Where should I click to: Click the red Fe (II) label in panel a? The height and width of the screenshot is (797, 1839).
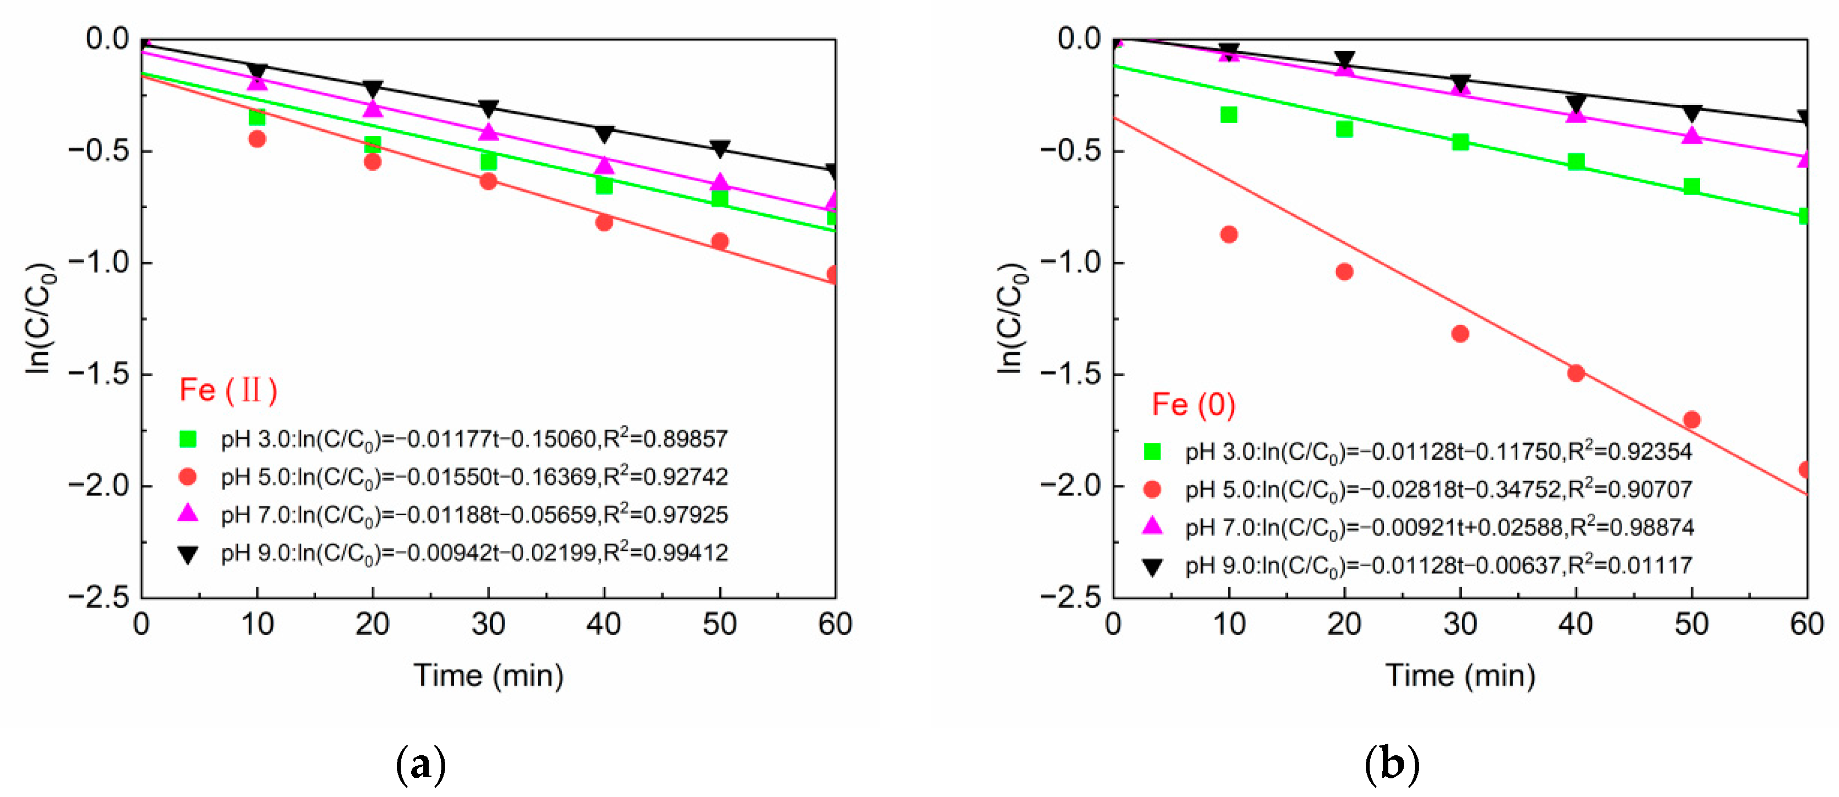point(228,391)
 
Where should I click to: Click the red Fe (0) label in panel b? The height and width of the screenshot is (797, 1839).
point(1193,405)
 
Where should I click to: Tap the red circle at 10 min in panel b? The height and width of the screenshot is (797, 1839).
point(1229,234)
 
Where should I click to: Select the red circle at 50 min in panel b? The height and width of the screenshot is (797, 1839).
point(1691,419)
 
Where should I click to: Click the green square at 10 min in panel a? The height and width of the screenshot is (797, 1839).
point(257,117)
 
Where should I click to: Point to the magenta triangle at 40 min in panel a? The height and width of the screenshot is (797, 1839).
point(604,165)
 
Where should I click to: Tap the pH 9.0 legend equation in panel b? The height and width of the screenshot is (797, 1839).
point(1438,566)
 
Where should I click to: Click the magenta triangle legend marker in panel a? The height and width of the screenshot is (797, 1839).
point(188,514)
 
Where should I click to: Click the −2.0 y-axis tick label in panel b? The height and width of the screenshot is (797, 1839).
point(1071,486)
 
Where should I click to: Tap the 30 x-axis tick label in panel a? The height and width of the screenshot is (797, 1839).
point(489,625)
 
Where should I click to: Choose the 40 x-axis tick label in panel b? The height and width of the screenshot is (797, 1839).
point(1576,625)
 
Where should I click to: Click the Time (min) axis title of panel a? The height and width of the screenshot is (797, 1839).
point(489,676)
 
